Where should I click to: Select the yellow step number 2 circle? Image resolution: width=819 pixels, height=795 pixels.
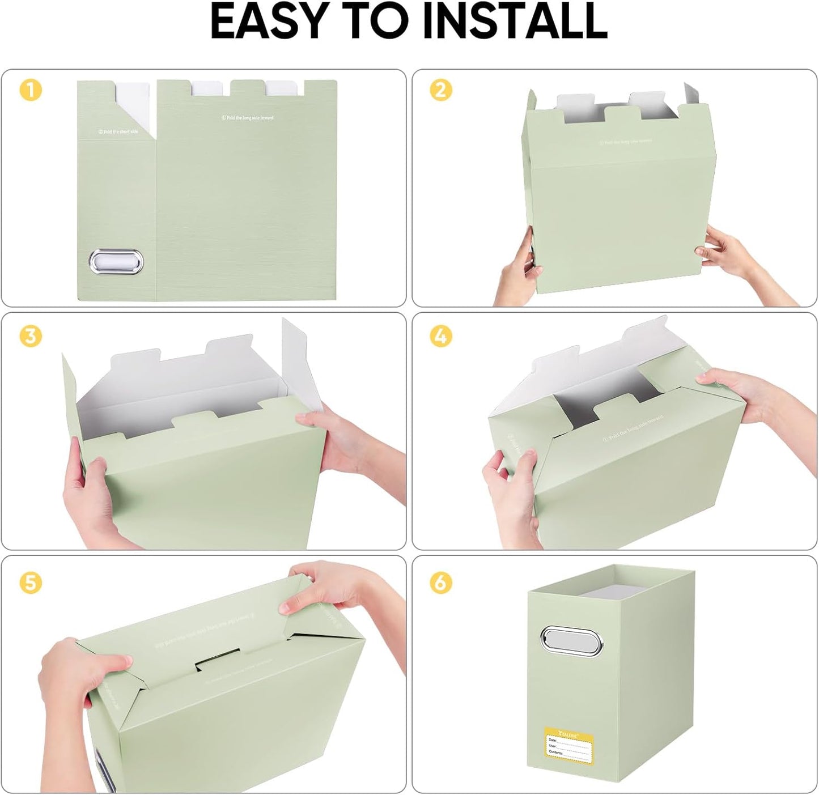(x=440, y=90)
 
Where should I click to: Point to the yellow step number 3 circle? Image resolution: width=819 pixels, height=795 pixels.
(x=31, y=336)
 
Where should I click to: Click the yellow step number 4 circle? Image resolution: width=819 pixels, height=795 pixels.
(x=440, y=337)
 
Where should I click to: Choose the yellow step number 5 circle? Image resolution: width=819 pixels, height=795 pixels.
(x=31, y=583)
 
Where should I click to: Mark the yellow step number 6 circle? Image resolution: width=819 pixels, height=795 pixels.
(x=440, y=583)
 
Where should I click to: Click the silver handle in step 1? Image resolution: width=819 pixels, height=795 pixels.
(x=116, y=262)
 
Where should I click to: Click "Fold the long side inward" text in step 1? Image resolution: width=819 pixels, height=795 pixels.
(x=247, y=118)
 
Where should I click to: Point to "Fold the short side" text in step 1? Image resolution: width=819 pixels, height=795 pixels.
(x=117, y=131)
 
